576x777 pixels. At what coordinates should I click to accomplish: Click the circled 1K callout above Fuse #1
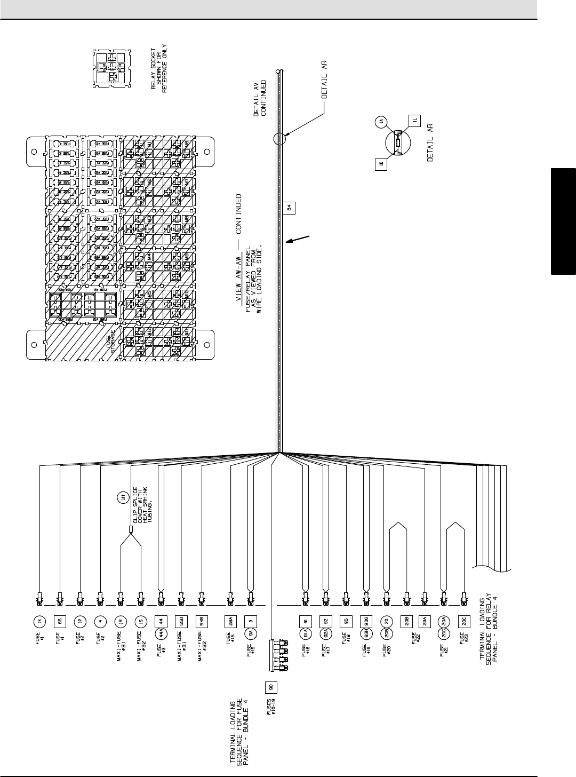point(39,621)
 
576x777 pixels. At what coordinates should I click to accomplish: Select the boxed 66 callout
point(60,621)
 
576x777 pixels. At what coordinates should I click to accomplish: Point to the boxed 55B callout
point(181,621)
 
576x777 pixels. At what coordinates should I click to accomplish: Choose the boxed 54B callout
point(202,621)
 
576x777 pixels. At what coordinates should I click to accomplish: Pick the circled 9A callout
point(251,633)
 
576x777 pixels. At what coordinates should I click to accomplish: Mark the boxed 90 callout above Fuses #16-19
point(270,686)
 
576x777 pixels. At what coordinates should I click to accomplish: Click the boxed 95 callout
point(346,621)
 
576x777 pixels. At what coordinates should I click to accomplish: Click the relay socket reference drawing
point(111,68)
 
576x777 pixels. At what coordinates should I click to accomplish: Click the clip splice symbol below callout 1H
point(131,530)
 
